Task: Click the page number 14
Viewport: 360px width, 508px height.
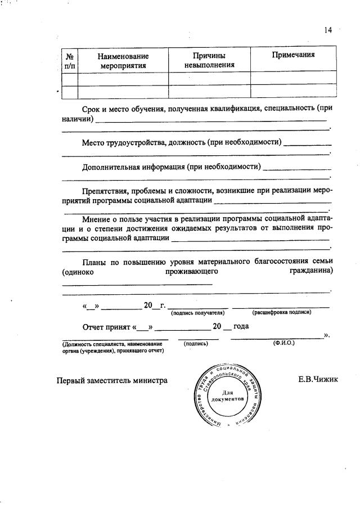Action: [x=328, y=30]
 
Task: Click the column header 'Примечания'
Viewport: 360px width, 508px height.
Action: [x=292, y=55]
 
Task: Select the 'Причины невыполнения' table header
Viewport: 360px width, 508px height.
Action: [x=209, y=61]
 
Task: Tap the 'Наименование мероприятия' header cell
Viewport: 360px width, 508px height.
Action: [x=123, y=61]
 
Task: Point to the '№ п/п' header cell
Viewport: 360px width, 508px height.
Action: [x=70, y=61]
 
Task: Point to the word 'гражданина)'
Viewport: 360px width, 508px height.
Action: [x=311, y=271]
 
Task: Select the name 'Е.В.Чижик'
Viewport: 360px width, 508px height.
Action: [x=318, y=380]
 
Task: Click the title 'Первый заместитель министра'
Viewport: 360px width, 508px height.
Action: [x=112, y=380]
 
